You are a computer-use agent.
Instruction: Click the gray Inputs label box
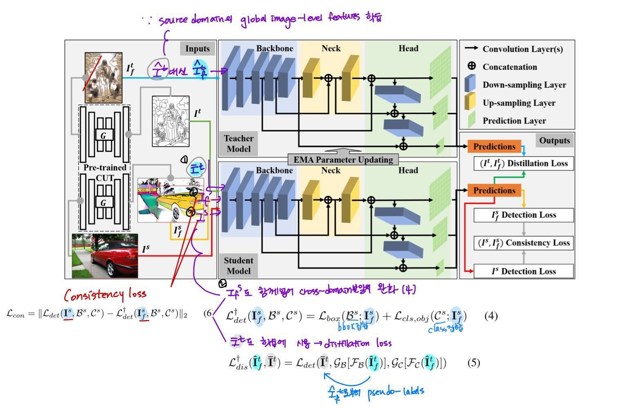pos(197,48)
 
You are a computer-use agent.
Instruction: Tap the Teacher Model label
pos(239,144)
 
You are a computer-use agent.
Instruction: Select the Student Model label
pos(239,266)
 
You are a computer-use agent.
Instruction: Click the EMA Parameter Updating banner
pos(343,160)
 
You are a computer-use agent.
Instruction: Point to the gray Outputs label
pos(554,140)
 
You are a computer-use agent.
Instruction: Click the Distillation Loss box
pos(523,163)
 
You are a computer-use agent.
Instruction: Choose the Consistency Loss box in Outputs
pos(523,243)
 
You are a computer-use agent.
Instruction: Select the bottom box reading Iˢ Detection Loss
pos(523,271)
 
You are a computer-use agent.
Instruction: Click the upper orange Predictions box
pos(494,147)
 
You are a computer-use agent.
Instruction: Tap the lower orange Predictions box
pos(494,190)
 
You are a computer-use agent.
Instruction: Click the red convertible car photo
pos(105,256)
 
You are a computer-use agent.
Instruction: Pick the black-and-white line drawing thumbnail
pos(170,121)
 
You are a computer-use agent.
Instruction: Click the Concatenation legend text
pos(510,67)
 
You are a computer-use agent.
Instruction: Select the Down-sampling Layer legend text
pos(524,85)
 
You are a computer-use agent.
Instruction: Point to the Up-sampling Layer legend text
pos(519,103)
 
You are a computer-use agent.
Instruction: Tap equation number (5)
pos(473,363)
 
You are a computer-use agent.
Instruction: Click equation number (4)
pos(491,316)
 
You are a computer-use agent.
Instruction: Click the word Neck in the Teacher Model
pos(331,48)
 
